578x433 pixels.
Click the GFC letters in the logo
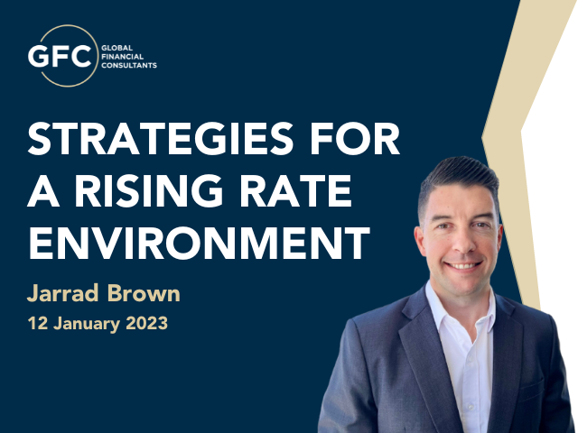tap(60, 56)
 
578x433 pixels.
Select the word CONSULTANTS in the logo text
tap(129, 66)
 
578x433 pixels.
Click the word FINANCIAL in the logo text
tap(123, 57)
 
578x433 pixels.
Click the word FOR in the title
tap(355, 138)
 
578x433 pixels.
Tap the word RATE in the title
tap(296, 190)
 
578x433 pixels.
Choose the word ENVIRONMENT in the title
tap(199, 243)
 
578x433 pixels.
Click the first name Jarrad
tap(63, 293)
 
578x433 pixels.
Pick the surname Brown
tap(144, 293)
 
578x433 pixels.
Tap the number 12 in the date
tap(38, 323)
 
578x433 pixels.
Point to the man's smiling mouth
tap(463, 265)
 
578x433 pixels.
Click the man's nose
tap(463, 244)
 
